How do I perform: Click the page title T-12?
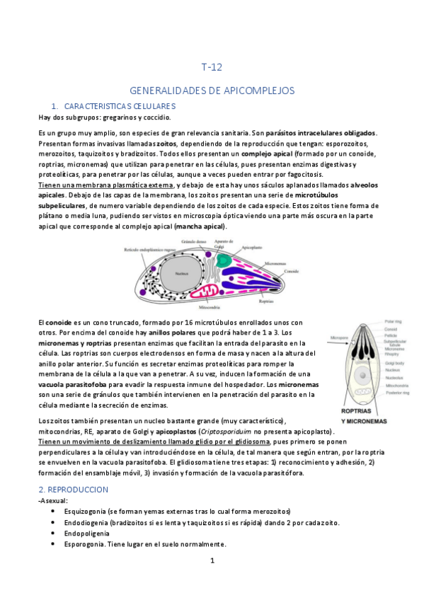212,68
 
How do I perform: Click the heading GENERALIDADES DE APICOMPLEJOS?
212,91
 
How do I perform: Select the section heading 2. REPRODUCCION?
73,489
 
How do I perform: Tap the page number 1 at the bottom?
212,561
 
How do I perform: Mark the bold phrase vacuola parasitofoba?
79,383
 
